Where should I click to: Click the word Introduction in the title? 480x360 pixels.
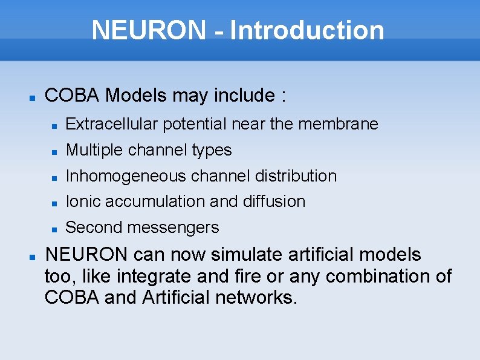(x=307, y=30)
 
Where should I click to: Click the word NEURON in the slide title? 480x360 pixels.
(x=149, y=30)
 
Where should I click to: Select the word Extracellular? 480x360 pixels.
(x=112, y=124)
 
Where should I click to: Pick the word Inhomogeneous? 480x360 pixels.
(x=126, y=176)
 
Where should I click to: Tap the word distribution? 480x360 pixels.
(x=296, y=176)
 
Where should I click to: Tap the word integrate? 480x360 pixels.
(x=155, y=277)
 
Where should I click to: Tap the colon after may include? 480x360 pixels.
(x=283, y=96)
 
